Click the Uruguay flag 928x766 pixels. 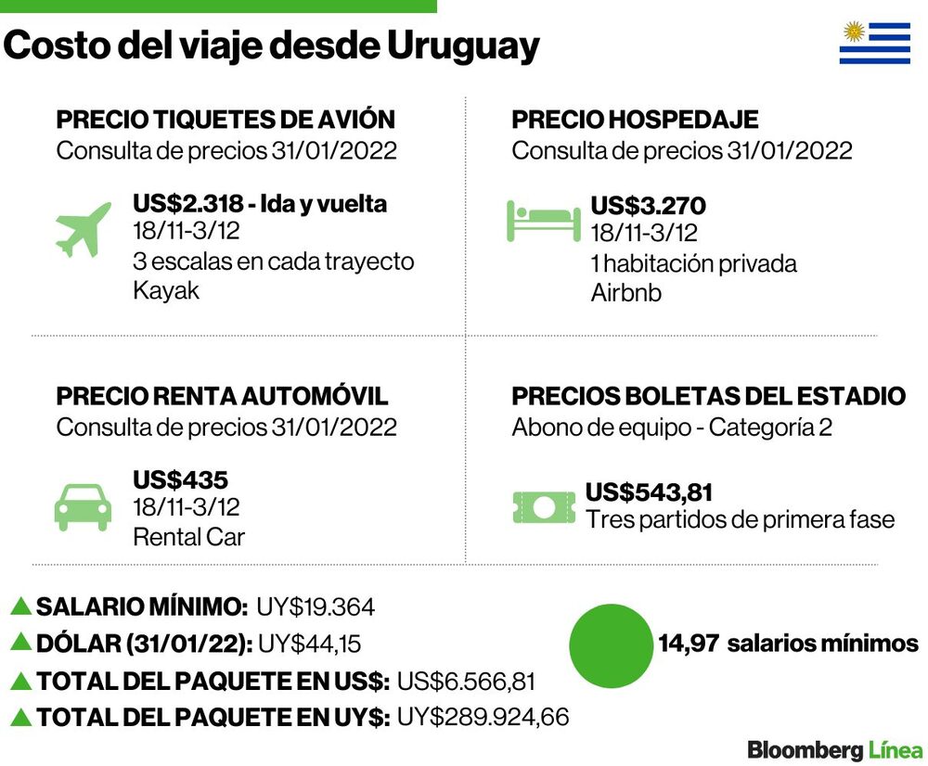point(875,43)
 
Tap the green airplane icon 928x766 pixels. point(84,229)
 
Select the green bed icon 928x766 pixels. point(543,221)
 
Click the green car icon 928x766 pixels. point(83,507)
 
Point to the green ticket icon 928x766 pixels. point(544,507)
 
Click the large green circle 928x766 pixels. point(612,645)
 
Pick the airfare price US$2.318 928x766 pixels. point(188,203)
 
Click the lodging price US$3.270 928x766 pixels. point(648,206)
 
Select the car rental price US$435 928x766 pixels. point(181,479)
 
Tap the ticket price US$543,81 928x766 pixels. point(649,492)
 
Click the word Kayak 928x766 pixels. point(166,290)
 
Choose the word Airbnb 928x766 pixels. point(626,293)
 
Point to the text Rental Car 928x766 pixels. point(188,537)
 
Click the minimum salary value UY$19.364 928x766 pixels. point(316,607)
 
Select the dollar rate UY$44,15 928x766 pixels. point(310,644)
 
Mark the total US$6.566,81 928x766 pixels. point(466,682)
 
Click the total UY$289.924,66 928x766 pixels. point(483,717)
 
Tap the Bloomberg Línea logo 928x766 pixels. point(835,750)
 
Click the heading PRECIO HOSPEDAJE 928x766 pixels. point(635,120)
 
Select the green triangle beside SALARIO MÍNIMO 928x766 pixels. point(21,606)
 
